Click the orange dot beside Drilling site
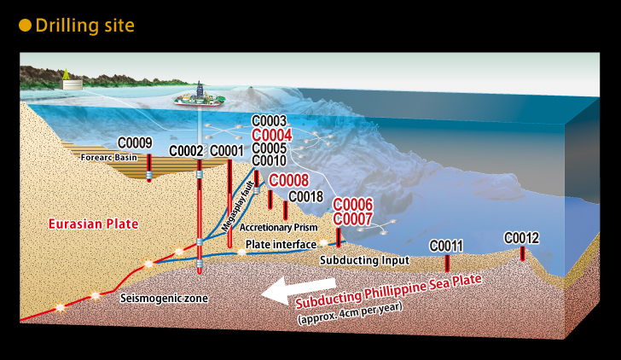pyautogui.click(x=25, y=26)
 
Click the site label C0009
pyautogui.click(x=135, y=143)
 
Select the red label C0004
pyautogui.click(x=271, y=135)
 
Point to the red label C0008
pyautogui.click(x=288, y=181)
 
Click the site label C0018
pyautogui.click(x=305, y=196)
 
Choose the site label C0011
pyautogui.click(x=446, y=246)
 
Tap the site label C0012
pyautogui.click(x=521, y=238)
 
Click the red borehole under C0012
pyautogui.click(x=522, y=253)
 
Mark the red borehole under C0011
pyautogui.click(x=447, y=263)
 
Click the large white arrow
pyautogui.click(x=299, y=290)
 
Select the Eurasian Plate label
pyautogui.click(x=94, y=224)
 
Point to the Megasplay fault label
pyautogui.click(x=238, y=206)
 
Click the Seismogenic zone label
pyautogui.click(x=164, y=299)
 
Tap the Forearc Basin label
pyautogui.click(x=109, y=158)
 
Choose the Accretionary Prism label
pyautogui.click(x=278, y=227)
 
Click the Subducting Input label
pyautogui.click(x=365, y=260)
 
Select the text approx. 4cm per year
pyautogui.click(x=350, y=313)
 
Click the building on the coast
pyautogui.click(x=72, y=84)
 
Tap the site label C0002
pyautogui.click(x=186, y=151)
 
